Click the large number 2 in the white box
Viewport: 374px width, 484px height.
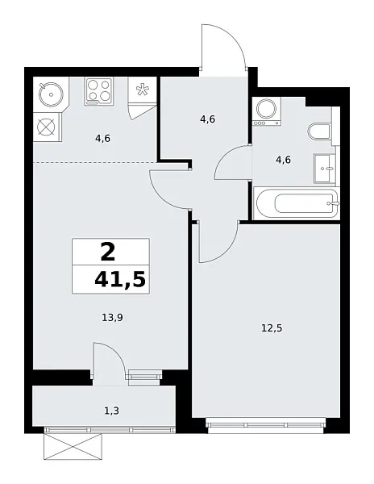point(108,252)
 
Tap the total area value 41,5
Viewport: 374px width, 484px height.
point(121,281)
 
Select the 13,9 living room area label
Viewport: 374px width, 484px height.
point(112,317)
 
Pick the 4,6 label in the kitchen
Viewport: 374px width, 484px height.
point(102,138)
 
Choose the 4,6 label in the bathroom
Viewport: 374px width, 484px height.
point(283,160)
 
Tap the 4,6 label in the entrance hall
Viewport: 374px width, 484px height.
point(206,119)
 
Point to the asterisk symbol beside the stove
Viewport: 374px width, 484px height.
point(143,90)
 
